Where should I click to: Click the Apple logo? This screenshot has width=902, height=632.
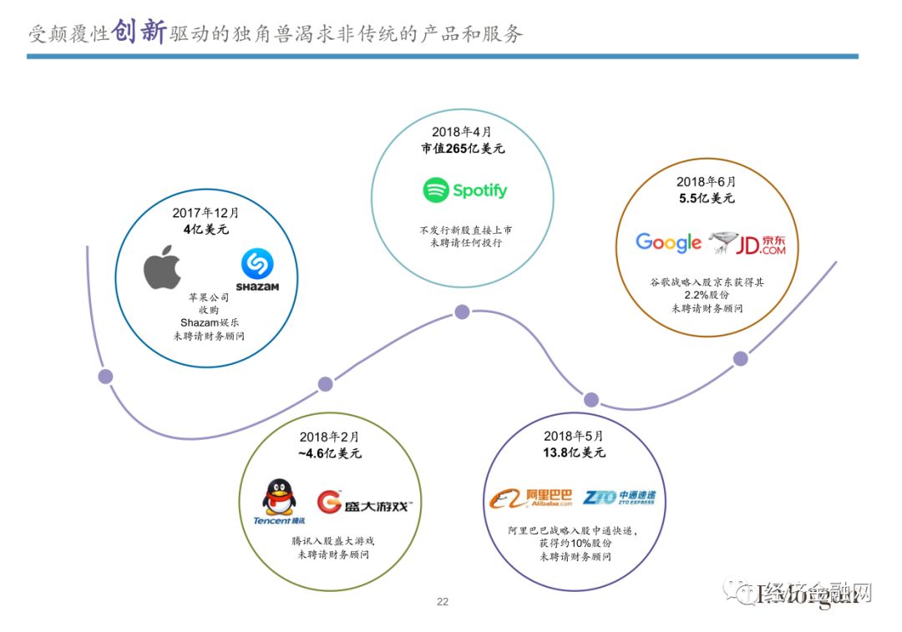point(162,267)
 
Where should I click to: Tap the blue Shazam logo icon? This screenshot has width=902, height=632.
point(257,265)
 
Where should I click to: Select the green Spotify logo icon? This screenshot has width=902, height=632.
point(436,190)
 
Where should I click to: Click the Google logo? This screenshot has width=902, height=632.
point(668,243)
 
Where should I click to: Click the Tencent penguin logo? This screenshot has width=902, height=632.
point(279,498)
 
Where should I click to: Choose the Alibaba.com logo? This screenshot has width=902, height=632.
point(531,499)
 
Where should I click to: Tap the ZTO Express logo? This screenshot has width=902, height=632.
point(619,498)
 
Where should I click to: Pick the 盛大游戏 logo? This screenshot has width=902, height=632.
point(365,503)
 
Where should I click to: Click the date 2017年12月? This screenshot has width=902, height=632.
point(205,213)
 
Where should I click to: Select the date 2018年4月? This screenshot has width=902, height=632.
point(462,132)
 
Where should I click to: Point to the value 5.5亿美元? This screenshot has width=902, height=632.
point(706,199)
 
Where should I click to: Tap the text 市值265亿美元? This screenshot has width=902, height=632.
point(463,149)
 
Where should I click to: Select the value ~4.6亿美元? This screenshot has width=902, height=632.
point(329,453)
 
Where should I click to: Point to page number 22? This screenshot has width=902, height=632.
point(443,602)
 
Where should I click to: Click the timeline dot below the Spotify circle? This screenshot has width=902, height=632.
point(462,312)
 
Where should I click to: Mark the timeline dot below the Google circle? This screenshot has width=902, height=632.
point(740,359)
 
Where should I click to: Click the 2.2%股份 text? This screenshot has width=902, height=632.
point(707,296)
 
